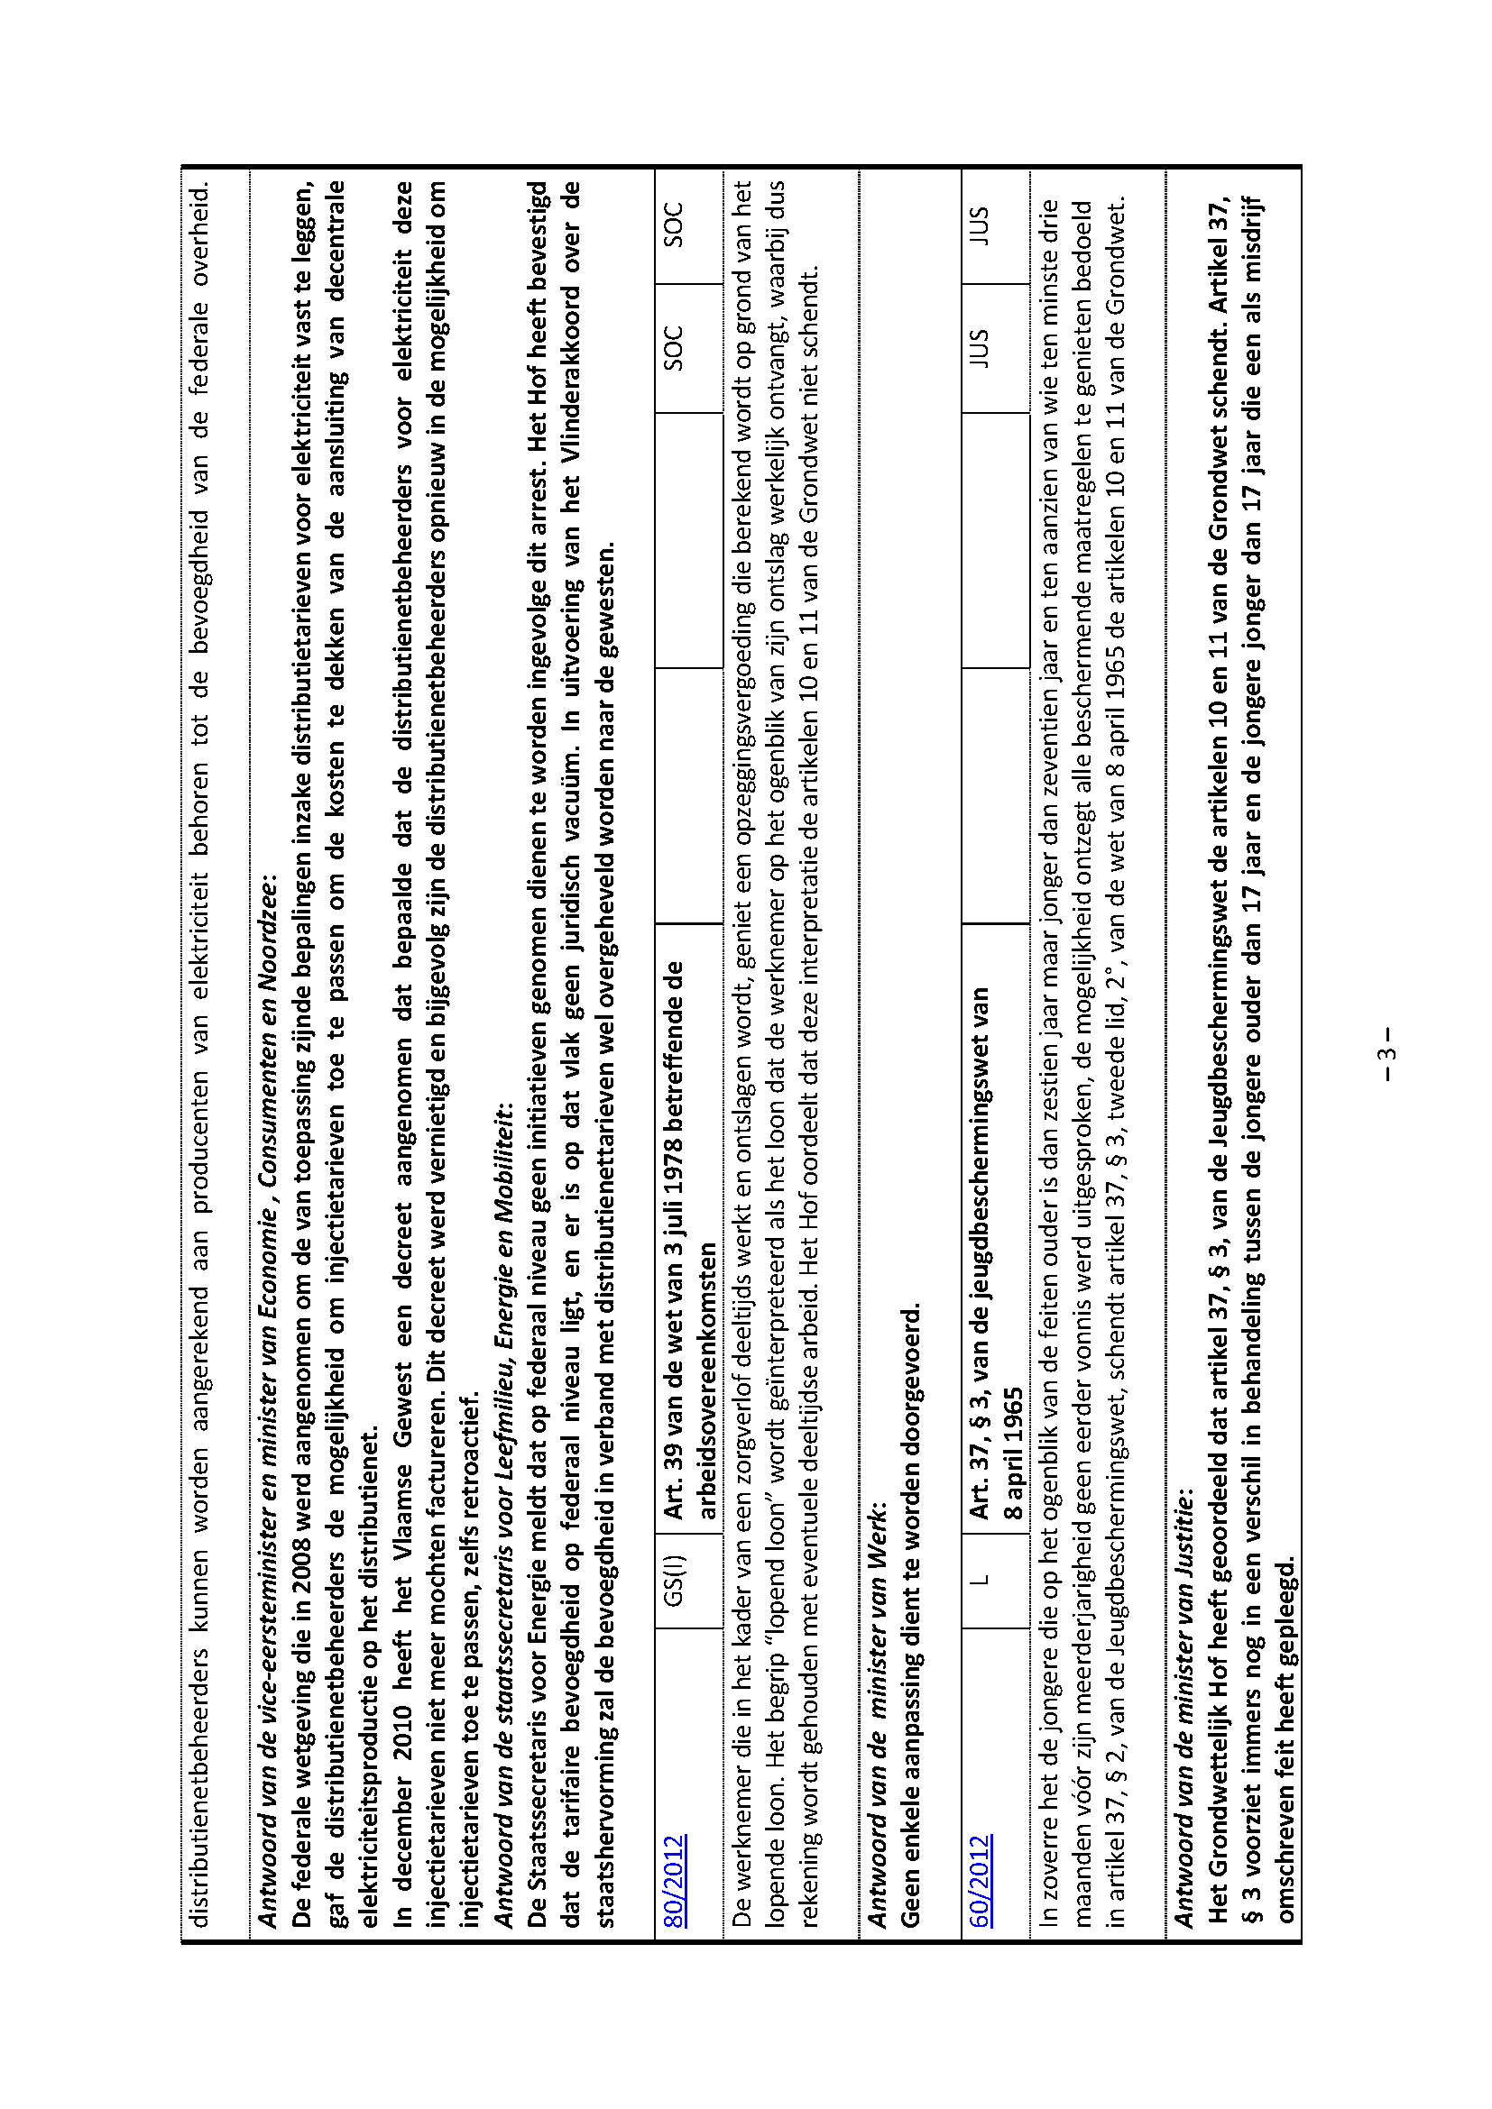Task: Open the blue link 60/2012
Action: point(981,1866)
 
